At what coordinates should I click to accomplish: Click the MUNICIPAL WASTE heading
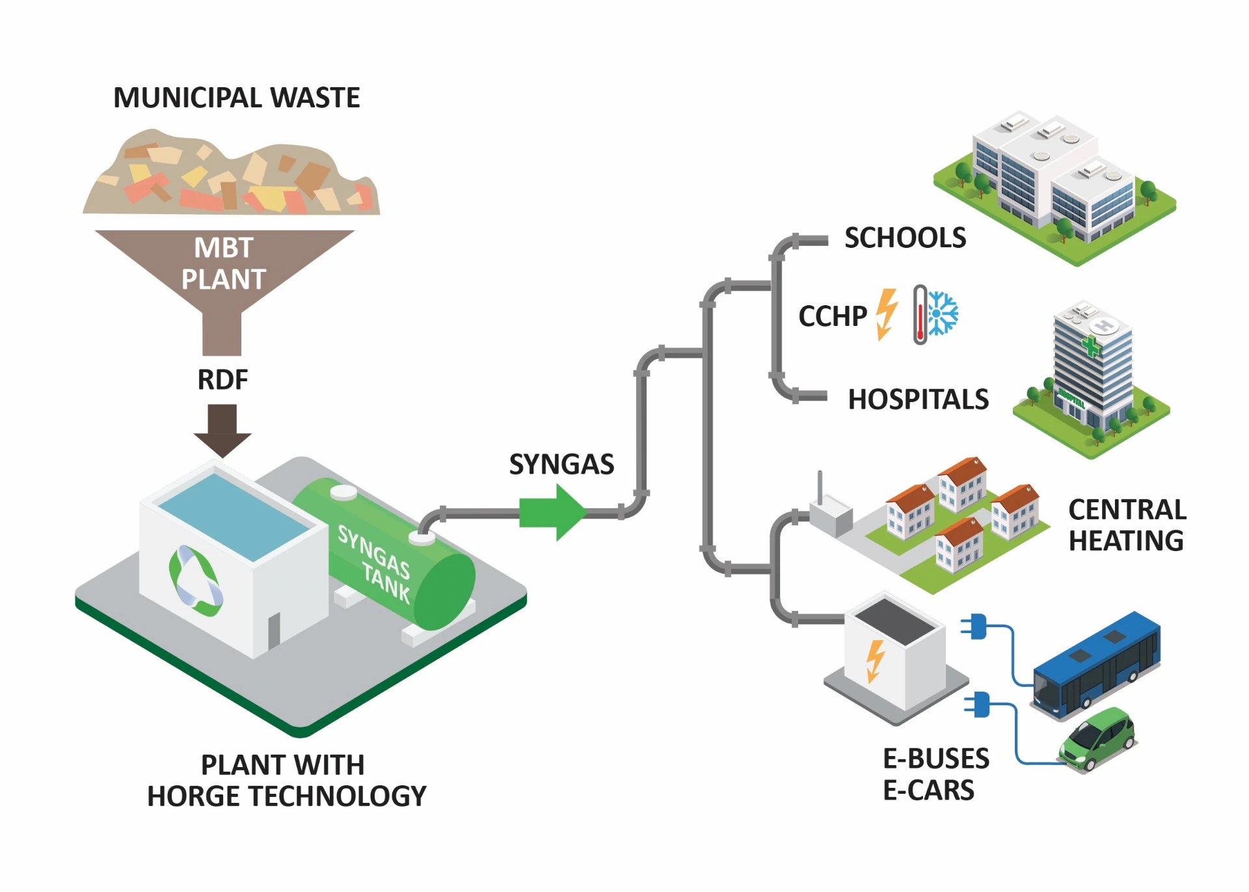(236, 98)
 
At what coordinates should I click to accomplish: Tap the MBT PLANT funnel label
(223, 264)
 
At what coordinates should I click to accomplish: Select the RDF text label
(222, 379)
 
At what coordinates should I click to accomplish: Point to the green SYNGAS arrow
(553, 513)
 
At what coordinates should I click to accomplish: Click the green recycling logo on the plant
(195, 580)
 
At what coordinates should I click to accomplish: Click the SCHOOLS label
(905, 238)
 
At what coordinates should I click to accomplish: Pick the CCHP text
(833, 316)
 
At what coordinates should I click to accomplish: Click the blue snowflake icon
(943, 313)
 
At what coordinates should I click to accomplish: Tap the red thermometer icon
(920, 314)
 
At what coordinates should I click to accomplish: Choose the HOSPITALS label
(918, 399)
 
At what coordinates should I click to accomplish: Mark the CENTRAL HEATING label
(1127, 525)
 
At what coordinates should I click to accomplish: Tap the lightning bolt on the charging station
(876, 660)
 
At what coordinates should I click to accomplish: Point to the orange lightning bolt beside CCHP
(887, 314)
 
